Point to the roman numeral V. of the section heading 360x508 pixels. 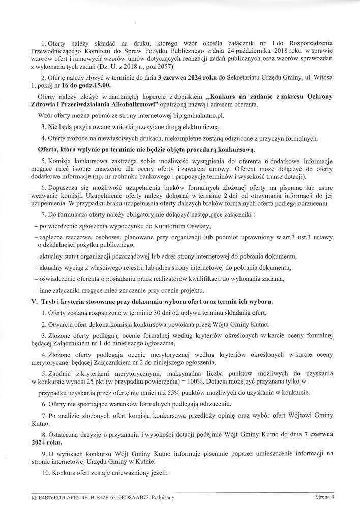tap(35, 300)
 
